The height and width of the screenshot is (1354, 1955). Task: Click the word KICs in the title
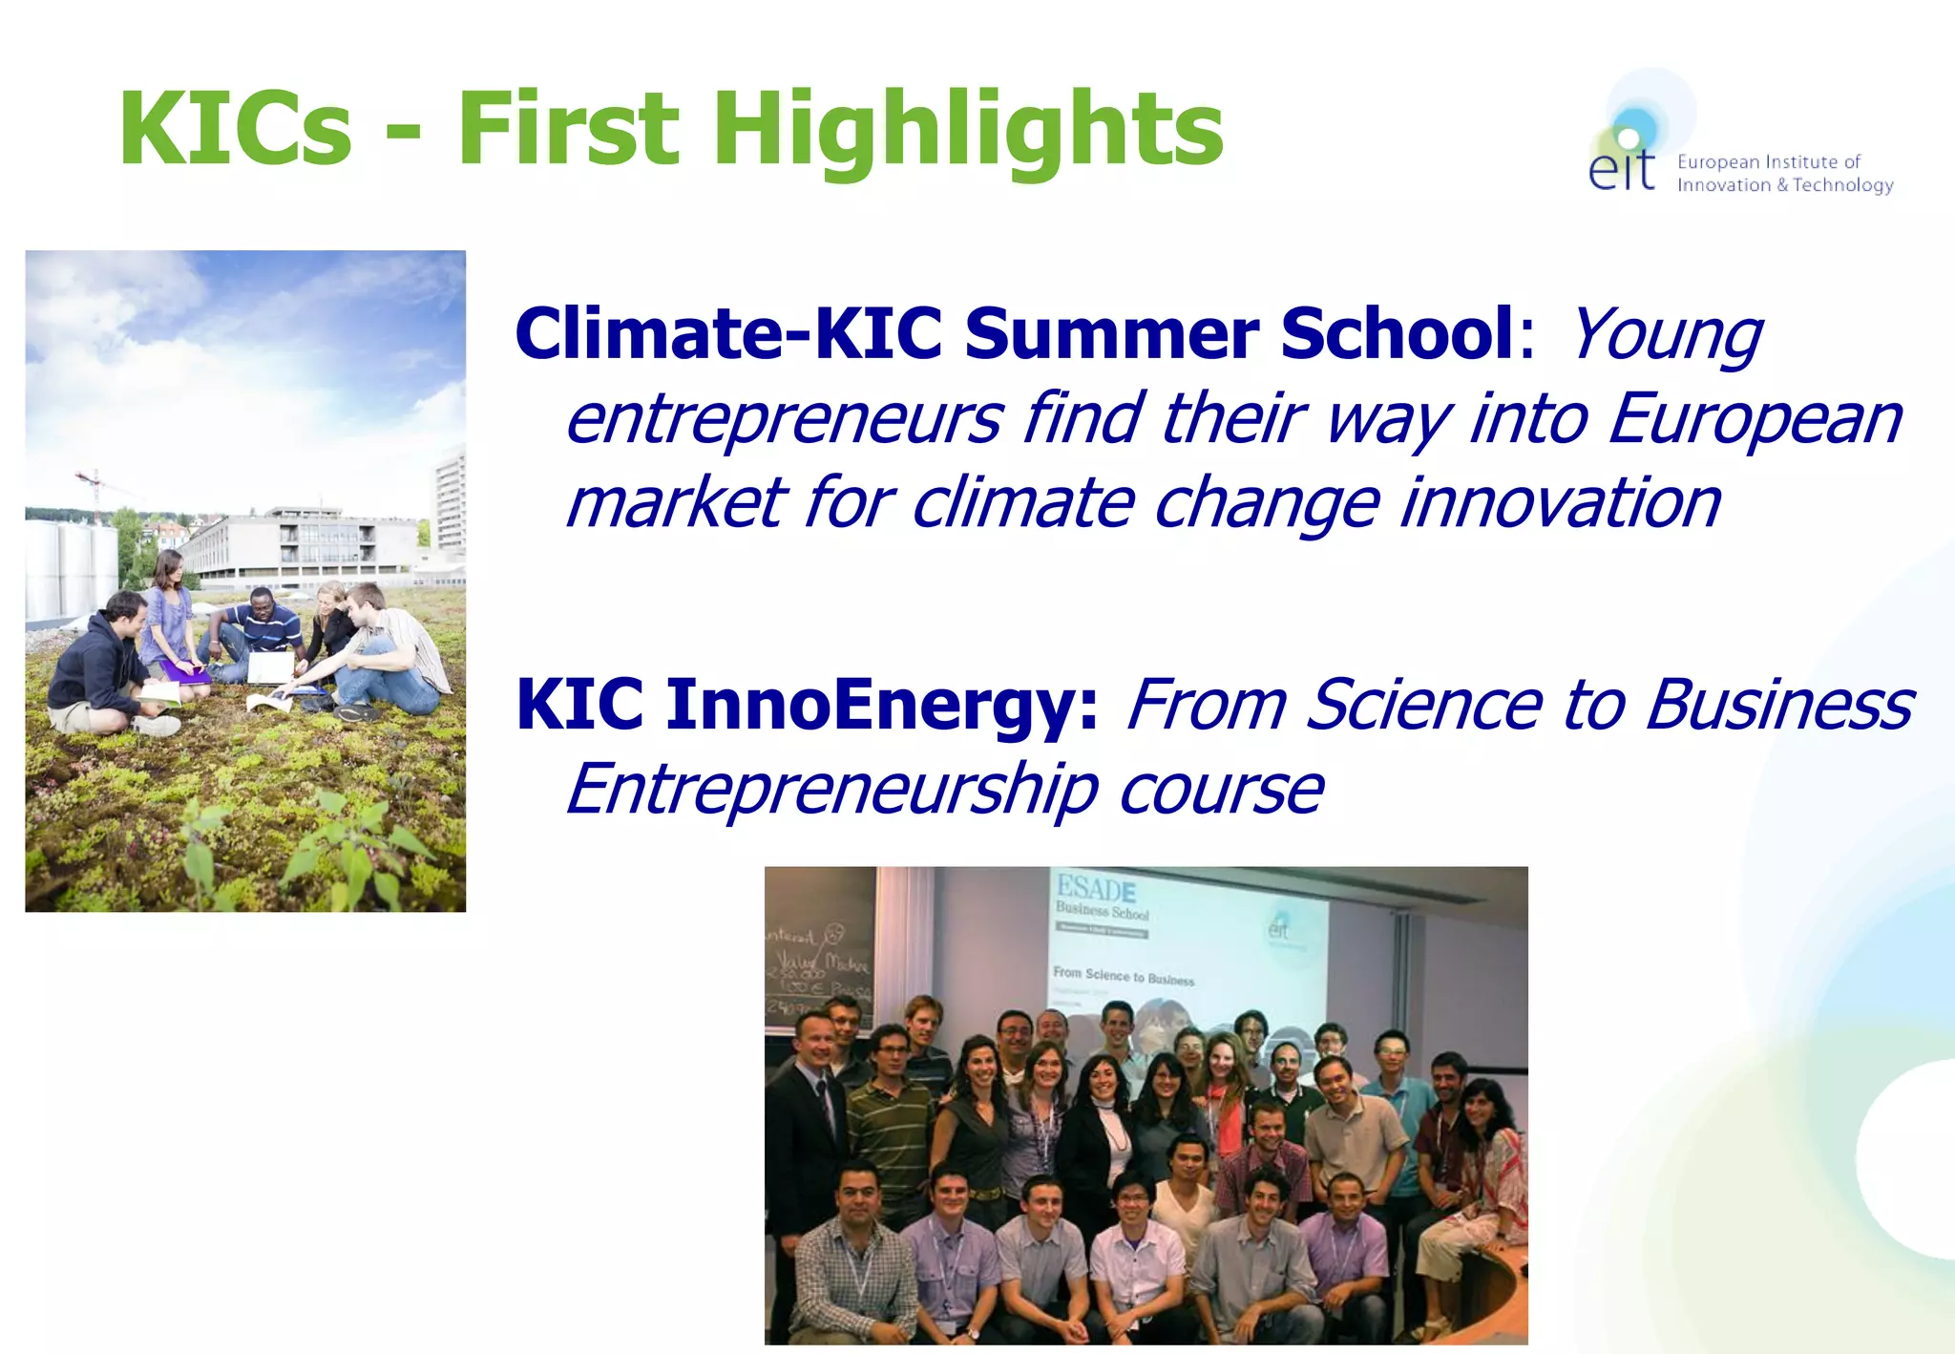click(x=235, y=129)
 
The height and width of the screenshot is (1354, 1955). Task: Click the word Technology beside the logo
click(x=1842, y=185)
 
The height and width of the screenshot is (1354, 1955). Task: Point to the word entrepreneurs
click(x=784, y=419)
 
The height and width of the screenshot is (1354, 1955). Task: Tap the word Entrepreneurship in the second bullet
click(x=831, y=790)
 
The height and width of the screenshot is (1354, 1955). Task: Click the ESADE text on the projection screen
click(x=1095, y=889)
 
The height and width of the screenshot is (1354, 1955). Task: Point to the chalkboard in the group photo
click(x=818, y=955)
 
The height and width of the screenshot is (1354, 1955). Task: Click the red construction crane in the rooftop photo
click(x=94, y=488)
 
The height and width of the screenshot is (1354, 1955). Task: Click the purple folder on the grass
click(x=187, y=672)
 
